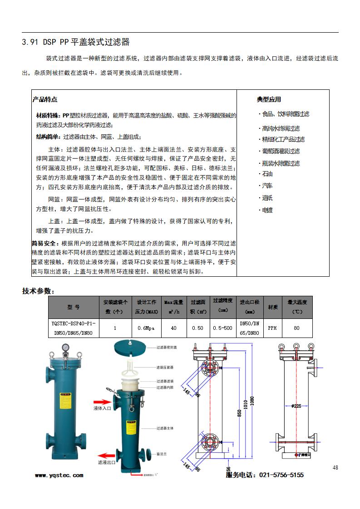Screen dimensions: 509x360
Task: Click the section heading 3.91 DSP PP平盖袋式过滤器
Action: tap(76, 42)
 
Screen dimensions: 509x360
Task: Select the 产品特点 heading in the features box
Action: tap(44, 99)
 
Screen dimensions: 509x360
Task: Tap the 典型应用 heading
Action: tap(269, 99)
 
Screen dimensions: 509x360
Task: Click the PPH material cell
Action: tap(272, 328)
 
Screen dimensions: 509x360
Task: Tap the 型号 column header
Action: tap(74, 307)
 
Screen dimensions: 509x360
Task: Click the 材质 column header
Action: tap(272, 307)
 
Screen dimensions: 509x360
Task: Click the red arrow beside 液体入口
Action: tap(103, 401)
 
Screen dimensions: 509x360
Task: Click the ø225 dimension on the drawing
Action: tap(296, 406)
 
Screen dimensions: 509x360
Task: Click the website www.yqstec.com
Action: tap(59, 475)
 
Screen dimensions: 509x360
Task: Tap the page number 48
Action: tap(335, 467)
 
